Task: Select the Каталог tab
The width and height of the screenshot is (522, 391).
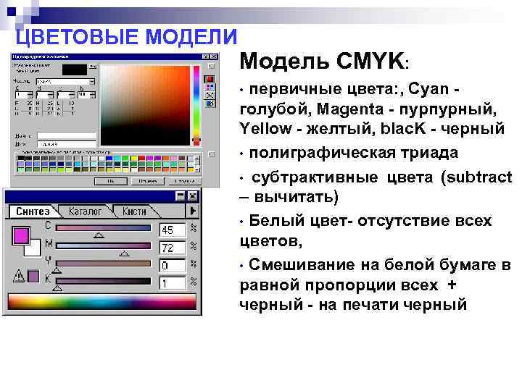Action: pyautogui.click(x=86, y=211)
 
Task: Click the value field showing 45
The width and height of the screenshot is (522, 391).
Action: pyautogui.click(x=172, y=230)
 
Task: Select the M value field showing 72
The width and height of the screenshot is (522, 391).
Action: pyautogui.click(x=172, y=248)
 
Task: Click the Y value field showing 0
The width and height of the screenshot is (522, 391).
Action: pyautogui.click(x=172, y=266)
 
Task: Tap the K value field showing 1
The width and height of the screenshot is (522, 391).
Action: pyautogui.click(x=172, y=283)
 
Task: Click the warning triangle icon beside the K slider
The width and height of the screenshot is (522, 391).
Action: pyautogui.click(x=19, y=276)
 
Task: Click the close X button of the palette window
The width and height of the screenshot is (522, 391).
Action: pyautogui.click(x=192, y=195)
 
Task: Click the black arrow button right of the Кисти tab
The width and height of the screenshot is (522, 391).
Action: pyautogui.click(x=193, y=211)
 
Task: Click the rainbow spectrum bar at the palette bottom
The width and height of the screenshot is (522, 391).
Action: pyautogui.click(x=101, y=302)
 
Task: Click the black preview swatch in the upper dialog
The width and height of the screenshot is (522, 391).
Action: pyautogui.click(x=75, y=70)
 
